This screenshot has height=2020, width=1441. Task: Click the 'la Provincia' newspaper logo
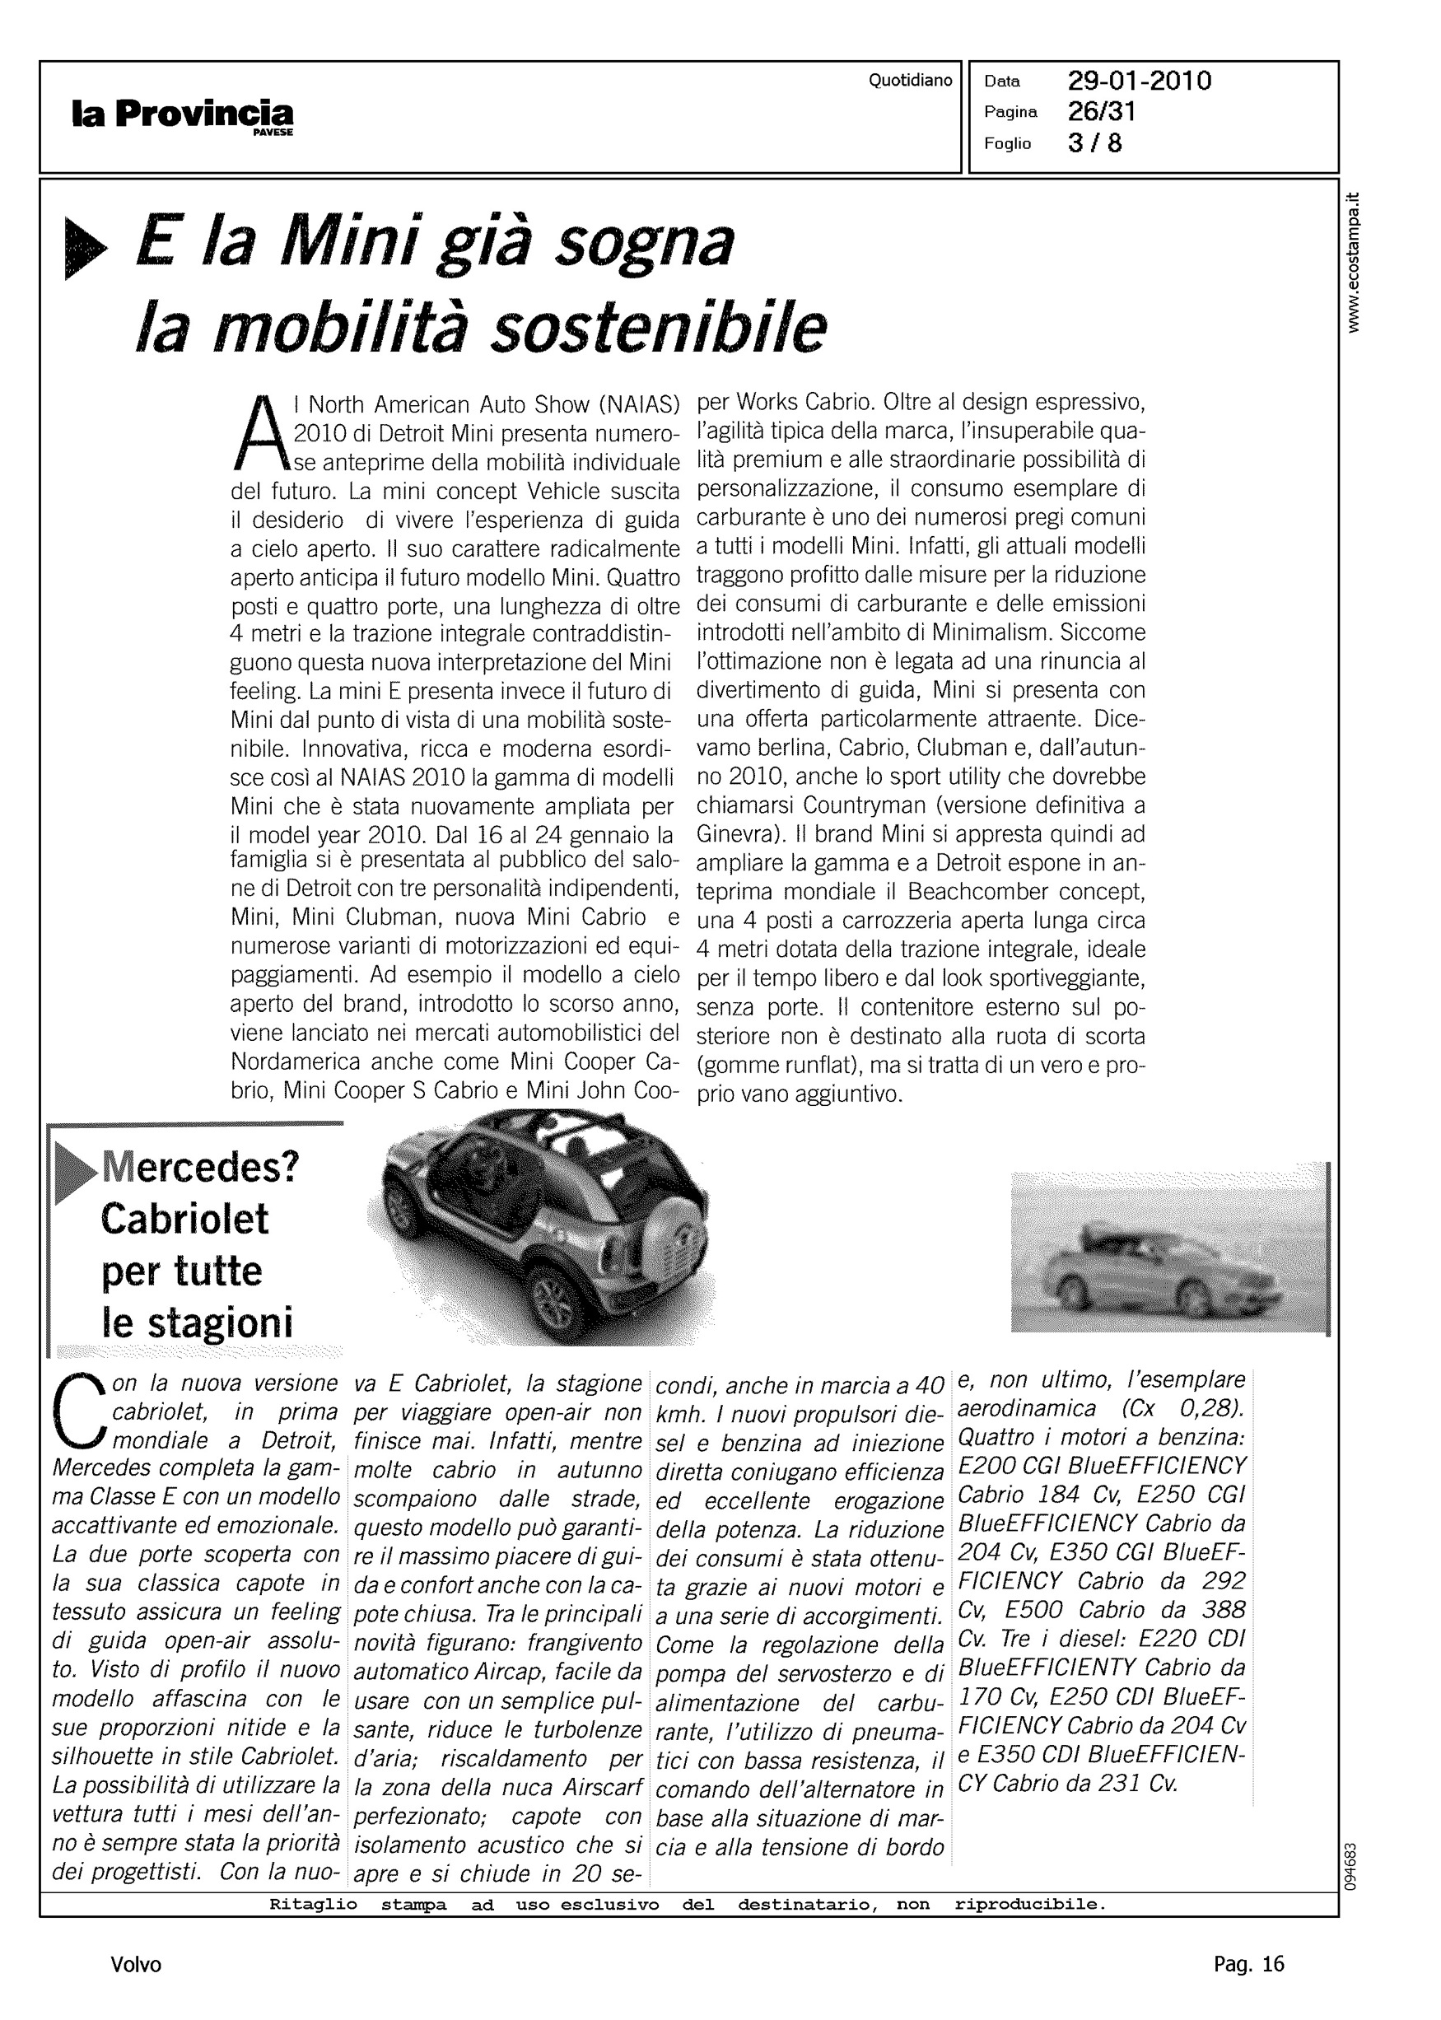click(x=183, y=114)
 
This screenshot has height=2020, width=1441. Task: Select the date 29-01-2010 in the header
click(x=1140, y=82)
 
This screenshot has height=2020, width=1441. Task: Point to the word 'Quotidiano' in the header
click(x=910, y=81)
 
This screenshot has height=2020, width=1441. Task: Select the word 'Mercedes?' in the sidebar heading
click(x=202, y=1168)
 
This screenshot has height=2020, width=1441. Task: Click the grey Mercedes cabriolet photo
click(x=1168, y=1252)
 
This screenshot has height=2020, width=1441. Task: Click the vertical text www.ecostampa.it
click(x=1352, y=263)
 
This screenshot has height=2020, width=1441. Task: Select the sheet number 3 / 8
click(x=1095, y=142)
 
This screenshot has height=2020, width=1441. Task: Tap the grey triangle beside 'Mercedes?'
click(x=75, y=1173)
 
